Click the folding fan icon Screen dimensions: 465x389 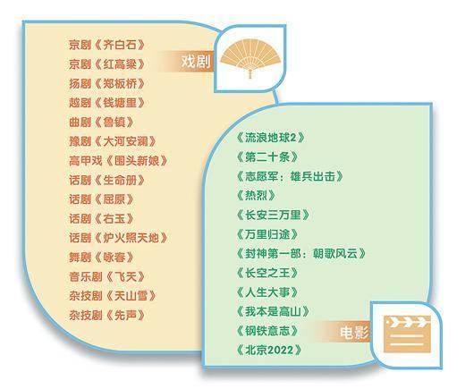point(250,59)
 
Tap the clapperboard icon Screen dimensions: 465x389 point(407,334)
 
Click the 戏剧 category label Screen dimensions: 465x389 point(196,62)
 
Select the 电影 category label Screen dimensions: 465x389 point(354,333)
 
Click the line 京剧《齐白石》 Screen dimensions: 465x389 point(106,45)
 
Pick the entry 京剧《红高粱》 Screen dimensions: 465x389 point(106,64)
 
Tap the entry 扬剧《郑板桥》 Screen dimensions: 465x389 point(106,84)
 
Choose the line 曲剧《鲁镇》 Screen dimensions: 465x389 point(101,123)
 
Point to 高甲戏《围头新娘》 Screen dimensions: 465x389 point(118,161)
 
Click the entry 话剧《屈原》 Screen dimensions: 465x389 point(101,199)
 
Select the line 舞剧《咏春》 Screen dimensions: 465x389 point(101,258)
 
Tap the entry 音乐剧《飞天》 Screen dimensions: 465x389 point(106,276)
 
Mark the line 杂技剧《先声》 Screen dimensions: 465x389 point(106,316)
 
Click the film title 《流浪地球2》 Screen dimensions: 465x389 point(270,138)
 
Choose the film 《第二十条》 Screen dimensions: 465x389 point(267,157)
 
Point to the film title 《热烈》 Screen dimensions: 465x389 point(256,196)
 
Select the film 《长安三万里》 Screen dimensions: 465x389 point(273,215)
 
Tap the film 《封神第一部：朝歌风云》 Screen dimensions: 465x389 point(301,254)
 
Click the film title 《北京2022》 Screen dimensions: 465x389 point(269,350)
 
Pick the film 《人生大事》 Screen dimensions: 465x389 point(267,292)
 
